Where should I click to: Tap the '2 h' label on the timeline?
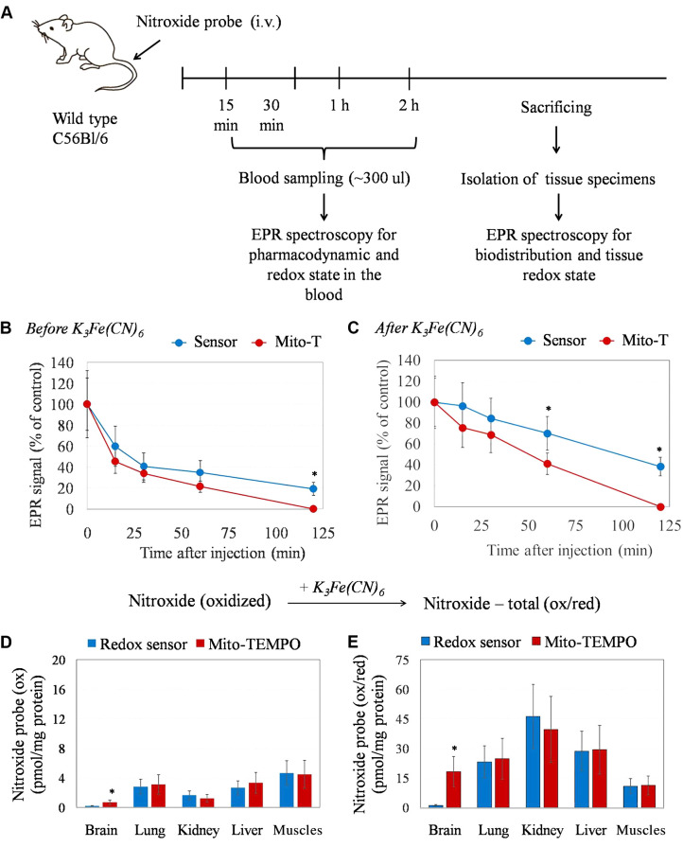click(x=409, y=106)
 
